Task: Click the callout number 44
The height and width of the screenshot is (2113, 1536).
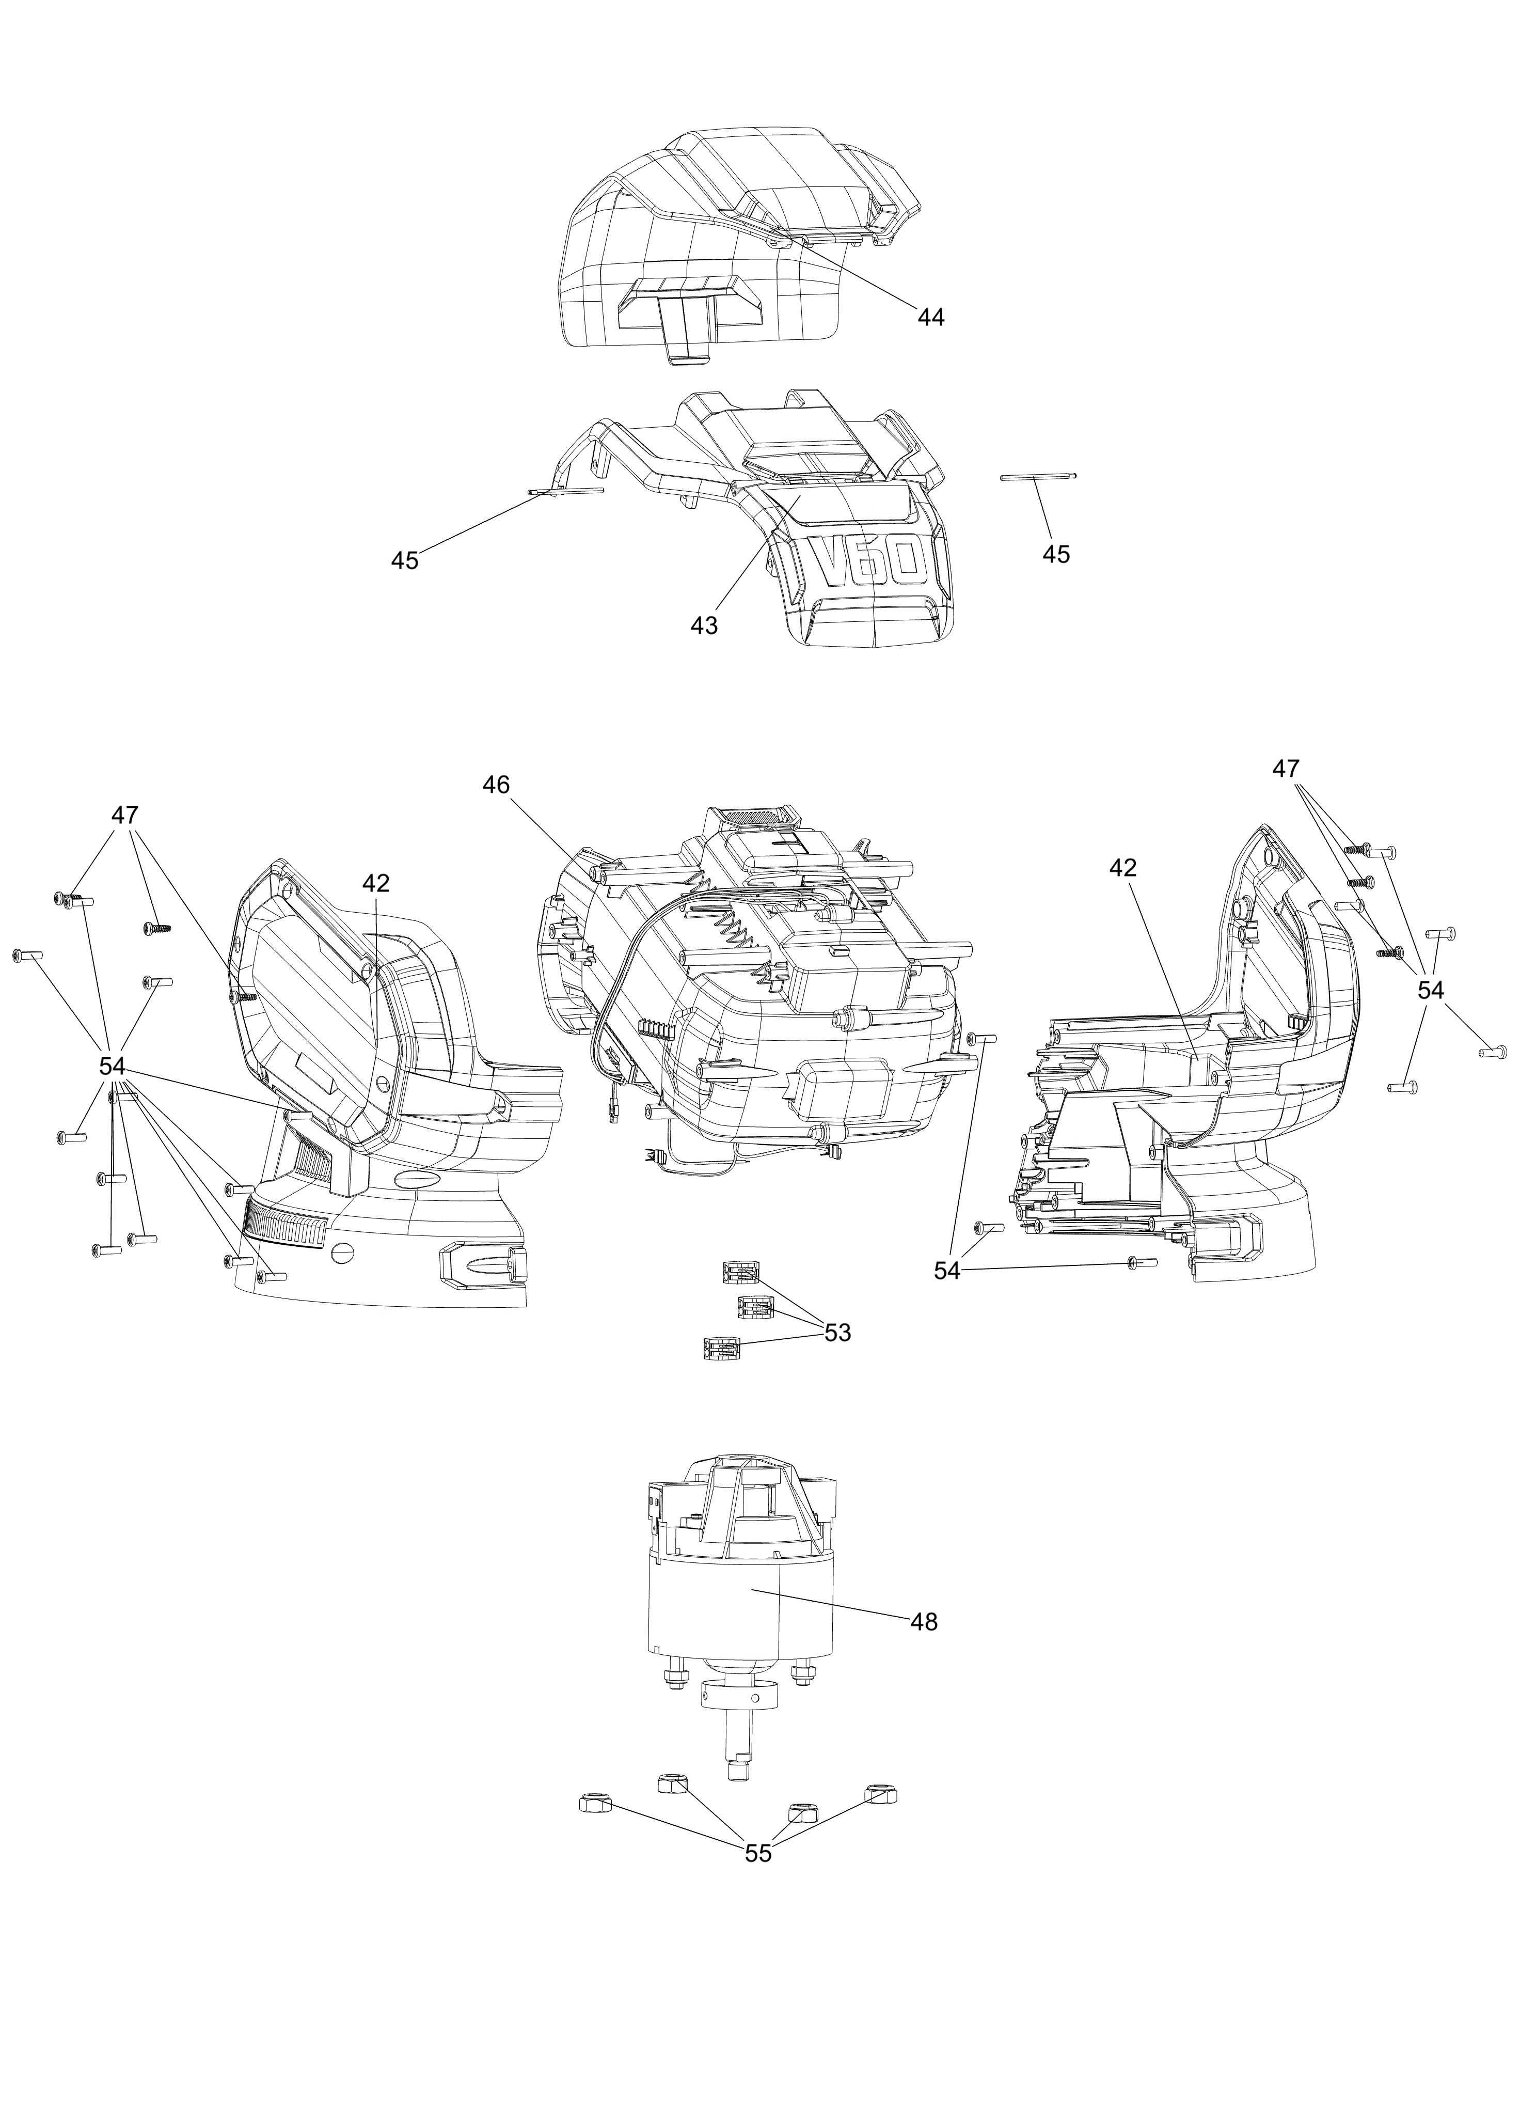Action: (930, 318)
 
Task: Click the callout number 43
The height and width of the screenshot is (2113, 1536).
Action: (704, 626)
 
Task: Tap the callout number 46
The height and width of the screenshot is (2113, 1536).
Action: (497, 786)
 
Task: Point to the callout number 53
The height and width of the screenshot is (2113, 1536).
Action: (837, 1333)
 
